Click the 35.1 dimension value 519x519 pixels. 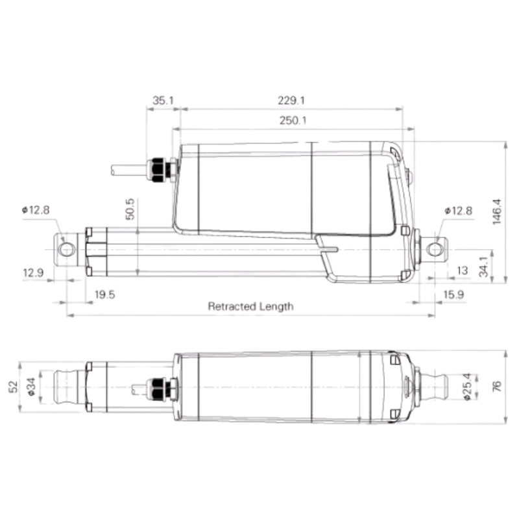(x=163, y=101)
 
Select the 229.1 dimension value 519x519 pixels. (x=291, y=101)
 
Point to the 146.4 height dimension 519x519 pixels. (x=498, y=211)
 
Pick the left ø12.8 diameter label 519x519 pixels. (x=35, y=210)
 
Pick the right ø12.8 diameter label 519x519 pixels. (x=459, y=210)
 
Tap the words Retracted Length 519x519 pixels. (x=250, y=306)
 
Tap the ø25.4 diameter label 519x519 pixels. (x=468, y=387)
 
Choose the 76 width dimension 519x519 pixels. (x=497, y=387)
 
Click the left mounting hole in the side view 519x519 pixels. (x=66, y=249)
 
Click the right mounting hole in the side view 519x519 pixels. (x=433, y=248)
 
